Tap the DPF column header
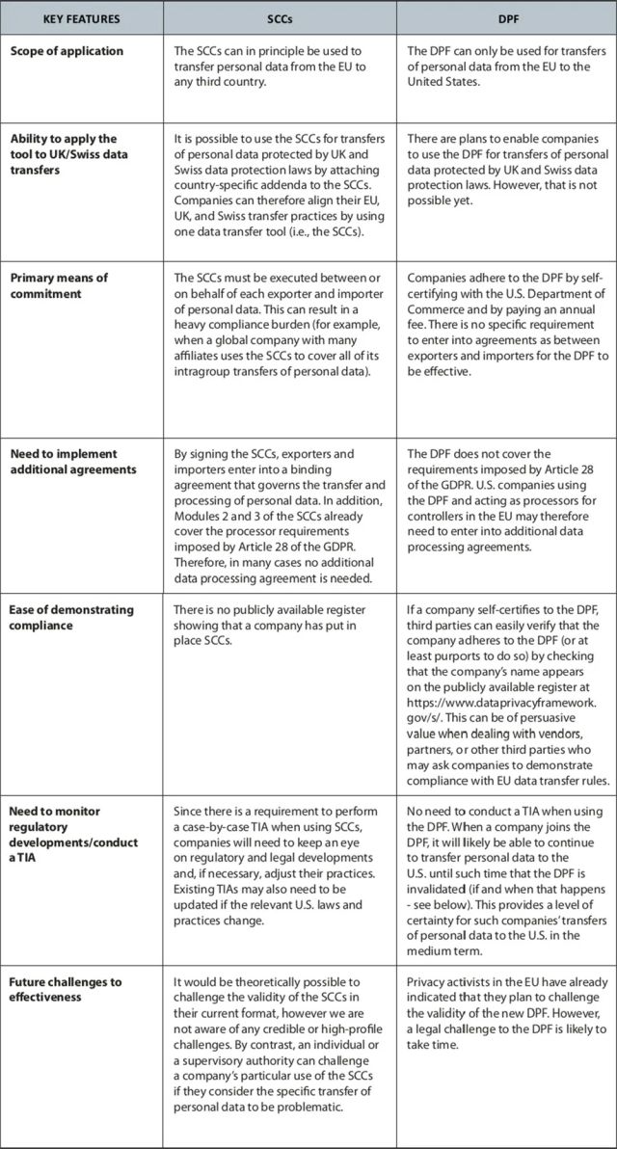507,18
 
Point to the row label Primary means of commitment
60,285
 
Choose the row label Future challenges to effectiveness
66,990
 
